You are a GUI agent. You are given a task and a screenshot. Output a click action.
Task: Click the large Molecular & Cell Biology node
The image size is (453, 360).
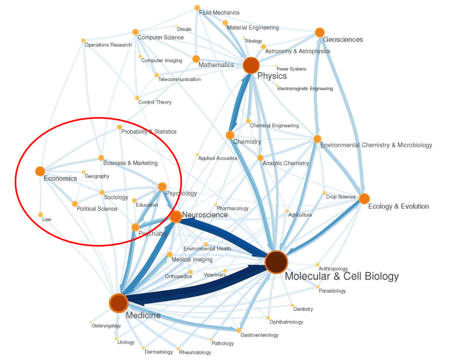click(276, 262)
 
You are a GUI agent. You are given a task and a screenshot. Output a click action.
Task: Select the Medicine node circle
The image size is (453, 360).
click(118, 303)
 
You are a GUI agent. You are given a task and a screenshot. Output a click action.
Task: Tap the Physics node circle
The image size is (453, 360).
click(251, 65)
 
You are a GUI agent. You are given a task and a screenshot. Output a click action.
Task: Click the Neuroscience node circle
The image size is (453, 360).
click(176, 217)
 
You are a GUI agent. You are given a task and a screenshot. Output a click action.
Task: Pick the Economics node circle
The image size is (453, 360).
click(40, 171)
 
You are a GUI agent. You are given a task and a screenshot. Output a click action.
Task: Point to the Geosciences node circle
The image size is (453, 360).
click(320, 32)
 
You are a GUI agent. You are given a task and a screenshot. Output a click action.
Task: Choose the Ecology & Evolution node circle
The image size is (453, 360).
click(364, 199)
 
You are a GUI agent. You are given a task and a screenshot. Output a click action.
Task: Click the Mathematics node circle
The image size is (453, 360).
click(196, 59)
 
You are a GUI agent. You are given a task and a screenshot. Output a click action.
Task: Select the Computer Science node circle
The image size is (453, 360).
click(135, 31)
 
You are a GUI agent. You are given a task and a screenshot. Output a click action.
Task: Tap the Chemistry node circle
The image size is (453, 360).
click(230, 135)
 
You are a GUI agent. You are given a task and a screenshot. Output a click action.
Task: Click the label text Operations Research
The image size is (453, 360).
click(108, 45)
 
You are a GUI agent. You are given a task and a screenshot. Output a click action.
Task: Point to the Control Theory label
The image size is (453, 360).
click(155, 102)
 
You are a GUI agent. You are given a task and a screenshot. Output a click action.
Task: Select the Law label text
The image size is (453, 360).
click(47, 219)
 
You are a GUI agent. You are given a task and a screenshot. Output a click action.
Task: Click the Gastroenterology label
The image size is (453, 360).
click(259, 335)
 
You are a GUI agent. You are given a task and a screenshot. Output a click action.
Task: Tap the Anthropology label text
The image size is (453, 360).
click(333, 269)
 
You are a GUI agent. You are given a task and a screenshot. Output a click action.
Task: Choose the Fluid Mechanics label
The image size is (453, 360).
click(219, 12)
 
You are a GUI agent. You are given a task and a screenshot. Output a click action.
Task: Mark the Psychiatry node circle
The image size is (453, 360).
click(136, 227)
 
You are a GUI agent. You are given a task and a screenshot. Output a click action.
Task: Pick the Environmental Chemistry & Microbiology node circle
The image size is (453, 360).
click(317, 139)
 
